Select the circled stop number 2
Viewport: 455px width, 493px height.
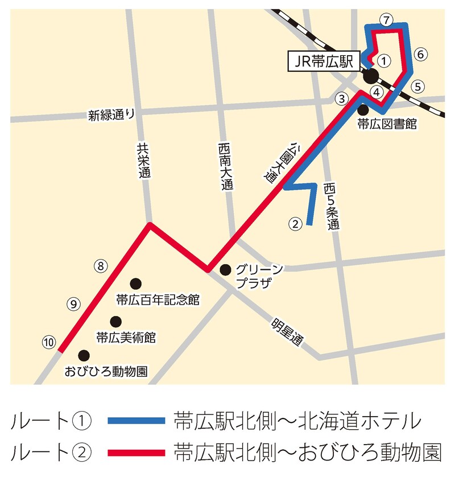(295, 224)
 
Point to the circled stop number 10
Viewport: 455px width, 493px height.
(49, 342)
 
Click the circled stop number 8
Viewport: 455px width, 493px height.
(100, 265)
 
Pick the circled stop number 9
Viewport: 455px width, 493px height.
(73, 303)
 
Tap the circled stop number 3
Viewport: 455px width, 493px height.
(341, 98)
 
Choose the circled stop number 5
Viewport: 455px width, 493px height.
(418, 87)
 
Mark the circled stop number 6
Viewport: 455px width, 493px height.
(419, 54)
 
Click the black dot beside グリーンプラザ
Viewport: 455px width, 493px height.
(225, 269)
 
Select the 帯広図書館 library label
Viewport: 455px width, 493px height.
(387, 124)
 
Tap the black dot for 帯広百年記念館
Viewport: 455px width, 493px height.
(135, 283)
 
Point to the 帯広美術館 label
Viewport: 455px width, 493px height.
(125, 337)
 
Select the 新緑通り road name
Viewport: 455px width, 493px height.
(111, 115)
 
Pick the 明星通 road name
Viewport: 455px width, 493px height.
(288, 331)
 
